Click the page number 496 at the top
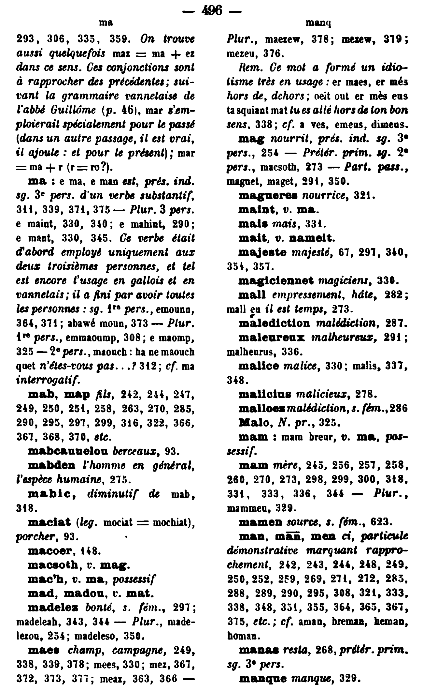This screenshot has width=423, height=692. point(212,10)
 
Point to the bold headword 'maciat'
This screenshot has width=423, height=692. point(49,522)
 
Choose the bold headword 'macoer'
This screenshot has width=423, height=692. point(50,551)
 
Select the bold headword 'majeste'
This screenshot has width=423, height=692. point(262,252)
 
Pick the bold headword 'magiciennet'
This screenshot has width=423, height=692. point(276,280)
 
